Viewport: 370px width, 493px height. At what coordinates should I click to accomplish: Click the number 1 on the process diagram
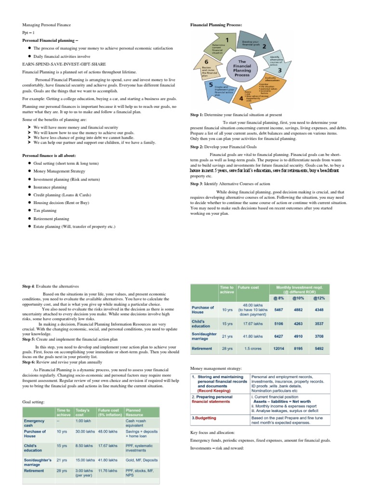click(226, 39)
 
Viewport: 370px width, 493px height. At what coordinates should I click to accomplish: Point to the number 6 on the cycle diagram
click(207, 62)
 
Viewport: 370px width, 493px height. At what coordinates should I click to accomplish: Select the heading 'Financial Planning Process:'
click(216, 24)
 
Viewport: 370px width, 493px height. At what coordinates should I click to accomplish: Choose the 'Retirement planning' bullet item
click(51, 218)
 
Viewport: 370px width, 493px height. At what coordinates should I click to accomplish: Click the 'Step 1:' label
click(197, 115)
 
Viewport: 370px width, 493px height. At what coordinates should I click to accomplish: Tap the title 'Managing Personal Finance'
click(47, 24)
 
